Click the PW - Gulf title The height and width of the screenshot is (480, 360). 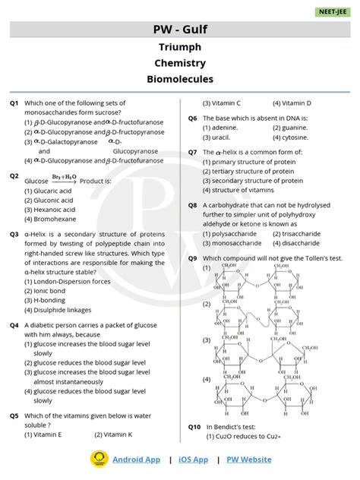(x=179, y=31)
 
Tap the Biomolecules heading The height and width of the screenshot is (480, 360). (x=179, y=79)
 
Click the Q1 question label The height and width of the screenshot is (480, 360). (x=14, y=103)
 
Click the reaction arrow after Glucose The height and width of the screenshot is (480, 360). (x=65, y=181)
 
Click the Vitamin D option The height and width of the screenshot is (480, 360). (x=292, y=103)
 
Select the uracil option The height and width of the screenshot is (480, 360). (x=219, y=137)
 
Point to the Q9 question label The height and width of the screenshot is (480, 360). (x=193, y=257)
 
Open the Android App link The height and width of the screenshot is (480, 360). (x=136, y=459)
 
